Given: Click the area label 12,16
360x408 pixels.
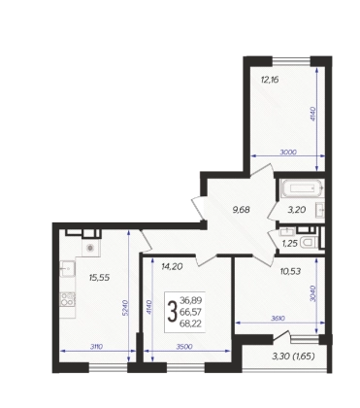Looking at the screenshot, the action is pyautogui.click(x=270, y=80).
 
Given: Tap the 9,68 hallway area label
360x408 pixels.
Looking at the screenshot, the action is pyautogui.click(x=242, y=210).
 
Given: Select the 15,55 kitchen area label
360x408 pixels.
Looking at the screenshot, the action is pyautogui.click(x=99, y=277).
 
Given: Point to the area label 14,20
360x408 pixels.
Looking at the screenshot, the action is pyautogui.click(x=172, y=266).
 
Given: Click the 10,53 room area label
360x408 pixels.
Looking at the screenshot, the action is pyautogui.click(x=290, y=271).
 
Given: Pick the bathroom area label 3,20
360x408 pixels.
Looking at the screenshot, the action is pyautogui.click(x=297, y=210).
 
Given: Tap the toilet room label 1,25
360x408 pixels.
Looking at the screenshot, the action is pyautogui.click(x=289, y=243).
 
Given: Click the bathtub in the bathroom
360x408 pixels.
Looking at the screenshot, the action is pyautogui.click(x=303, y=188).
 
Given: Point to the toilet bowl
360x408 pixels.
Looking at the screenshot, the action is pyautogui.click(x=310, y=242).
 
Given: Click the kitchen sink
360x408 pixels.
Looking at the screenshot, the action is pyautogui.click(x=67, y=269).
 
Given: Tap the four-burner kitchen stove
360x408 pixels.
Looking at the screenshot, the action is pyautogui.click(x=67, y=299).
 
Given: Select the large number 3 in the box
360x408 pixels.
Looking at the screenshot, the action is pyautogui.click(x=172, y=312).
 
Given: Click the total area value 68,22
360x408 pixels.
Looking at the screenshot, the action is pyautogui.click(x=191, y=323).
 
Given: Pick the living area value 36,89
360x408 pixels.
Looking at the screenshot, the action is pyautogui.click(x=191, y=300).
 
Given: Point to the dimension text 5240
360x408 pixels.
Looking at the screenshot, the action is pyautogui.click(x=125, y=308).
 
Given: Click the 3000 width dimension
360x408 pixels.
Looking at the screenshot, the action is pyautogui.click(x=287, y=152).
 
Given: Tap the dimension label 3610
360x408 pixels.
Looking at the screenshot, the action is pyautogui.click(x=278, y=319).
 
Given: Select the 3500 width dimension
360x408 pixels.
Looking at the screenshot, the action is pyautogui.click(x=184, y=347).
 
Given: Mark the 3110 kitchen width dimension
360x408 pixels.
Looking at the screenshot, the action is pyautogui.click(x=96, y=347).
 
